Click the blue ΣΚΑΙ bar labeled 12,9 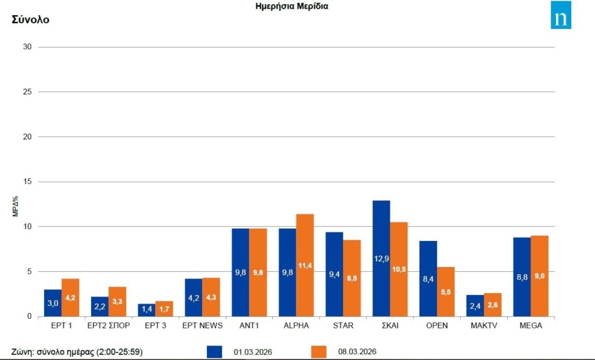(381, 258)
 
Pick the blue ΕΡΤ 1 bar (53, 303)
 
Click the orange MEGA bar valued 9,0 (540, 276)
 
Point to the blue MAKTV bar (475, 305)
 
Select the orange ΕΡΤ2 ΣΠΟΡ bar (117, 301)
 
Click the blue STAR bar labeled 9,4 (334, 274)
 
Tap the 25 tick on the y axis (26, 92)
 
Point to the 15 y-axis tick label (26, 182)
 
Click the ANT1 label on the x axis (249, 326)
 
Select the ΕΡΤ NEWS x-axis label (202, 326)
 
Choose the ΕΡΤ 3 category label (155, 326)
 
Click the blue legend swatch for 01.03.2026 (215, 352)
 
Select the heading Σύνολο (31, 20)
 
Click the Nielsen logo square (561, 15)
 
